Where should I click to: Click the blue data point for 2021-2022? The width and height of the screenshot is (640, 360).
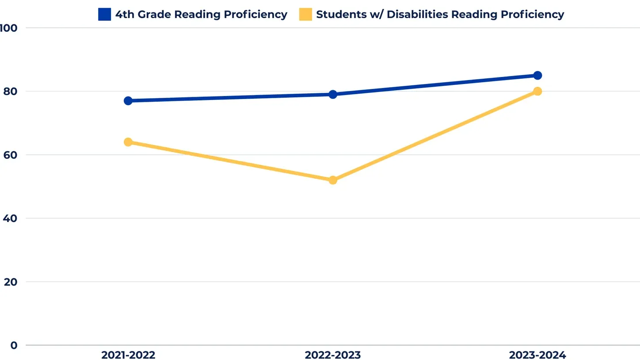click(x=128, y=101)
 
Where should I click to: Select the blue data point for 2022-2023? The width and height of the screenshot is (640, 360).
click(x=333, y=94)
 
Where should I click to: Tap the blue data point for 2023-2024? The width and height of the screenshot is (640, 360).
click(x=537, y=76)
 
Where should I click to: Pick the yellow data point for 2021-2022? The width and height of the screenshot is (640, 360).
click(x=128, y=142)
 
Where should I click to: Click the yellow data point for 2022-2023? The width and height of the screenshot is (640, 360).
click(x=333, y=180)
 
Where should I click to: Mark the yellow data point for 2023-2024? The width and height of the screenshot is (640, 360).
click(x=537, y=92)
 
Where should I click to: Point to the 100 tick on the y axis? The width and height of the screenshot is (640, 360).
click(x=8, y=28)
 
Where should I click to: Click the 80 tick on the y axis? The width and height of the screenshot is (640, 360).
click(x=10, y=92)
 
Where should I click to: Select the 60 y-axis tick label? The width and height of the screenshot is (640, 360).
click(x=10, y=155)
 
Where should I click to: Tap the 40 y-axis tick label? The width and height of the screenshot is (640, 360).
click(x=10, y=218)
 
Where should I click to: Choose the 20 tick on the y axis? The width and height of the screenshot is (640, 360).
click(x=10, y=282)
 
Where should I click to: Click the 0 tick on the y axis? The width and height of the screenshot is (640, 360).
click(x=14, y=345)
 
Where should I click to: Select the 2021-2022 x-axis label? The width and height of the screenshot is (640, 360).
click(x=128, y=355)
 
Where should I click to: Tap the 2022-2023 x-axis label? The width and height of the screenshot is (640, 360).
click(x=333, y=355)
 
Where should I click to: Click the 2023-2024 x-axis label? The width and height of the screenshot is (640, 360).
click(x=537, y=355)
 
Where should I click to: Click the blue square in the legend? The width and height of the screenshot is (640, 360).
click(x=104, y=15)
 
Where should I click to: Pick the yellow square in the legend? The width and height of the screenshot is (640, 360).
click(x=305, y=15)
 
